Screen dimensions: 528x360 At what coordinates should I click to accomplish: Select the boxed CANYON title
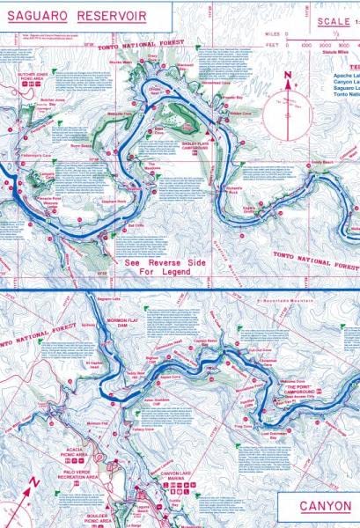[x=324, y=507]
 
